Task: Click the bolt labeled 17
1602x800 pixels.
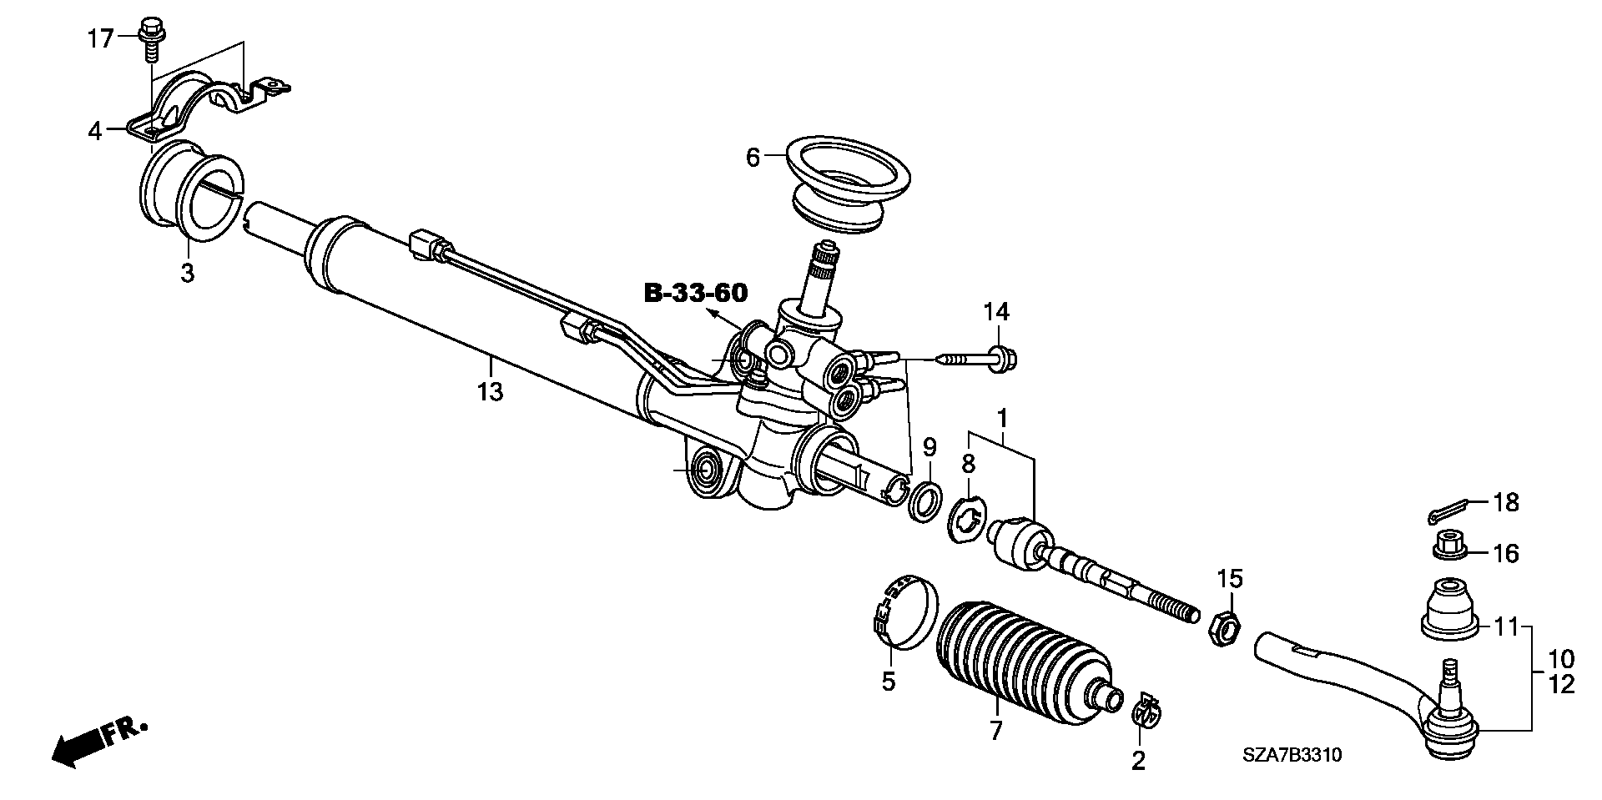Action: (152, 37)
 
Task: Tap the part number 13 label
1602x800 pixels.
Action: (491, 390)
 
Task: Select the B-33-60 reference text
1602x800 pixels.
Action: (696, 293)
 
